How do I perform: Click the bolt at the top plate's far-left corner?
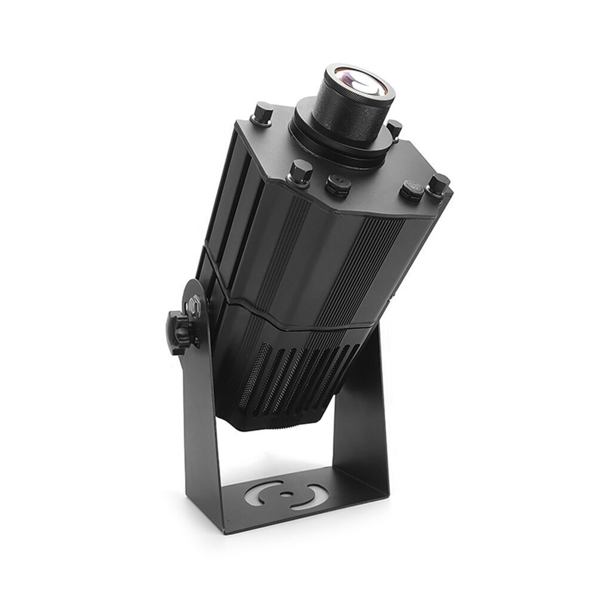[262, 113]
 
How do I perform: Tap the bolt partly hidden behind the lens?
[394, 128]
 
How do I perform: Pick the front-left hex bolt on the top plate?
[300, 172]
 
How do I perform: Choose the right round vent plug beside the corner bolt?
[411, 189]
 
